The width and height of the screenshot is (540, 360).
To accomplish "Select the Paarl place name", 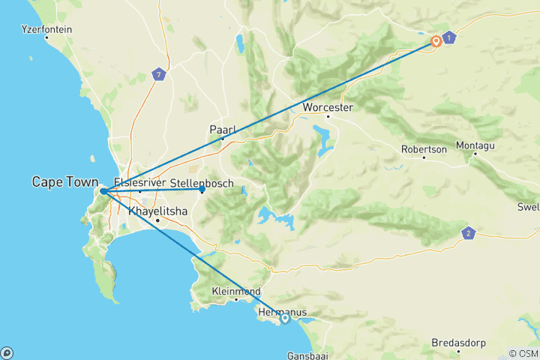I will coord(222,130).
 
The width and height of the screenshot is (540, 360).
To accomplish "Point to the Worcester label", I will coord(328,108).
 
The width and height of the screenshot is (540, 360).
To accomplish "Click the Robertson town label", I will coord(424,149).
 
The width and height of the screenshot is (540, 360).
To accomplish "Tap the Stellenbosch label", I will coord(202,183).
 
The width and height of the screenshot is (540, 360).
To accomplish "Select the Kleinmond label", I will coord(236,290).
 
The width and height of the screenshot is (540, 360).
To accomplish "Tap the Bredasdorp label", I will coord(458,343).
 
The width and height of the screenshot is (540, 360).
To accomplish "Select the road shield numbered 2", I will coord(469,233).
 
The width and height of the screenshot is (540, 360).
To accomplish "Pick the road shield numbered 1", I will coord(448,37).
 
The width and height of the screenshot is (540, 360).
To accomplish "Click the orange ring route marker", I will coord(436,42).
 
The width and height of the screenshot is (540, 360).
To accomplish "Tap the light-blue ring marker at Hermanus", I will coord(285,319).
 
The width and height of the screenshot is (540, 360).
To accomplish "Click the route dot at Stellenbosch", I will coord(202,190).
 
